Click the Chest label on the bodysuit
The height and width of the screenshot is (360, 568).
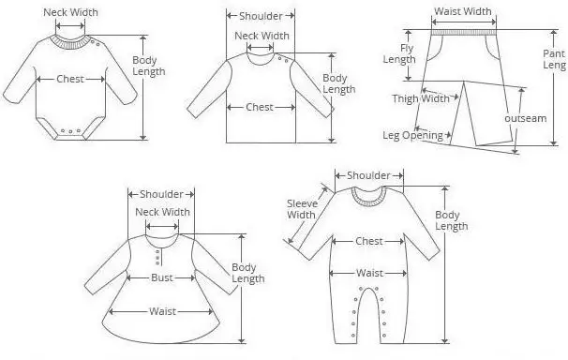coord(70,79)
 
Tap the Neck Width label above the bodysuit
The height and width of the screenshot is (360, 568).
coord(70,12)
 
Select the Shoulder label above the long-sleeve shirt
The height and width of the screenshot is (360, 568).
coord(261,16)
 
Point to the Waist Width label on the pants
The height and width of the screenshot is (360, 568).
coord(463,11)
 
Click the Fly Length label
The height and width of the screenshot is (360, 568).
coord(399,53)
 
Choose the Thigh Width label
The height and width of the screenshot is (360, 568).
coord(421,98)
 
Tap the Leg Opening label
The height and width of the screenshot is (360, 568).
coord(413,135)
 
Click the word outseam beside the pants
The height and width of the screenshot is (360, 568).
coord(525,118)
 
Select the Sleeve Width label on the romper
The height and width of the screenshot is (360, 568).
coord(302,209)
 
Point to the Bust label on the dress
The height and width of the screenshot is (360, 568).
coord(162,277)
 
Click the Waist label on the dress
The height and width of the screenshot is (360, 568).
coord(162,311)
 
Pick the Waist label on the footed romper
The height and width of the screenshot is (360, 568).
coord(369,273)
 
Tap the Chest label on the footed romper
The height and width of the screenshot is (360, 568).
coord(369,241)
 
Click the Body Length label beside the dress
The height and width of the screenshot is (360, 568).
coord(248,273)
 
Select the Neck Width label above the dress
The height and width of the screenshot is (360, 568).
coord(163,212)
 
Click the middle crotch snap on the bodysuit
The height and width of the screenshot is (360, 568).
coord(70,131)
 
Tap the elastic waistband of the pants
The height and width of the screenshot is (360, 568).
coord(464,32)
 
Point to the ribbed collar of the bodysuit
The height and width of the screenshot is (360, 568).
coord(71,42)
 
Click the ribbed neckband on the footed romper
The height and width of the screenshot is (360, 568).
coord(368,198)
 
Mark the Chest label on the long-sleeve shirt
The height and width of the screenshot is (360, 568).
coord(260,107)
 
